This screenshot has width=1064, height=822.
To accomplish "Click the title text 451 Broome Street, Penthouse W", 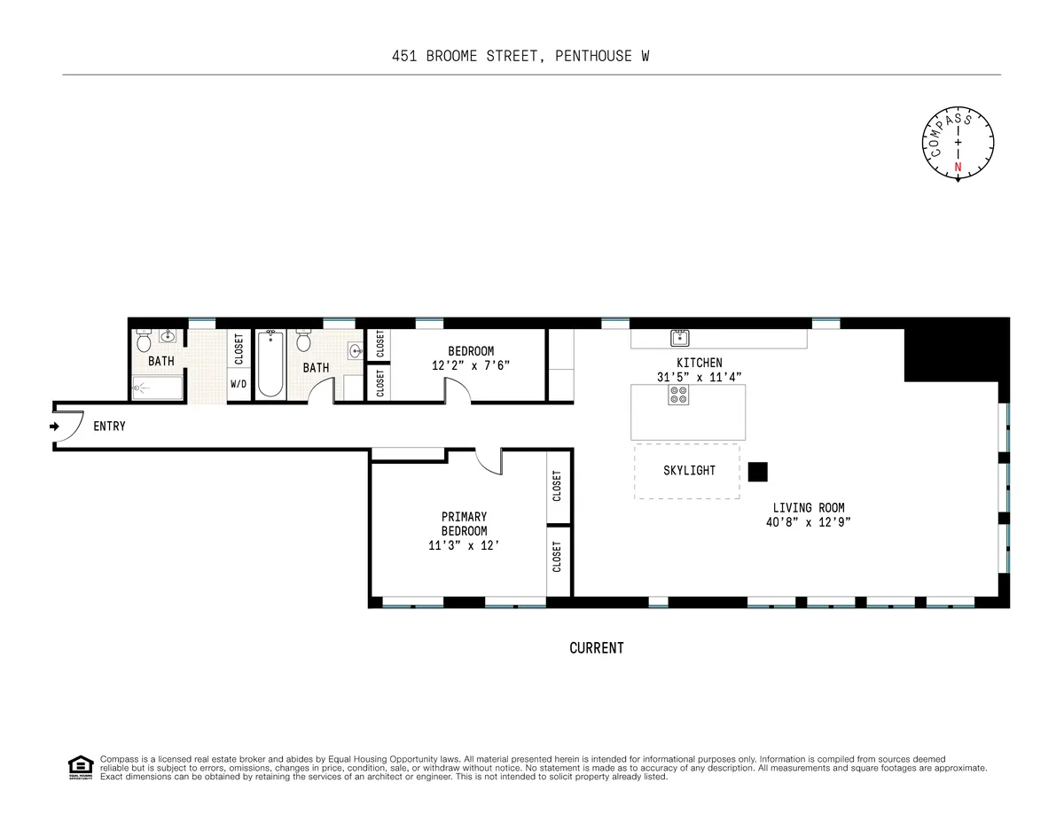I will tap(526, 57).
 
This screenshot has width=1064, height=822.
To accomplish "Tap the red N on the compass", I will tap(958, 167).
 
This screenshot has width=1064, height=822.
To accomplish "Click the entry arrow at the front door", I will tap(55, 427).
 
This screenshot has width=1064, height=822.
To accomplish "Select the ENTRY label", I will tap(109, 427).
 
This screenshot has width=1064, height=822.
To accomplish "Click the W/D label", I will tap(239, 384).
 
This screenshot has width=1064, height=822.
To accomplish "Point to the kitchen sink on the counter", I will tap(680, 337).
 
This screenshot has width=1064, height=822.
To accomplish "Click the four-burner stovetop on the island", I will tap(679, 395).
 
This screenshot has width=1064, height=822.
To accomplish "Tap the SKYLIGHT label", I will tap(689, 470).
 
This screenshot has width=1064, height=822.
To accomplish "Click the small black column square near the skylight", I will tap(757, 472).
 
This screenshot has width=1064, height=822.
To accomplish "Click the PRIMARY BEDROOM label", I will tap(464, 523).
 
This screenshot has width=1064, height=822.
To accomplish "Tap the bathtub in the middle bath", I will tap(270, 364).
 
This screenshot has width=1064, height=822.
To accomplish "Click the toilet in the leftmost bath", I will tap(145, 341).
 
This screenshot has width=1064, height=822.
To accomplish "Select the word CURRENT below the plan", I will tap(596, 648).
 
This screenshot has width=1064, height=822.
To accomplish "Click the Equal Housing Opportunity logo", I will tap(80, 767).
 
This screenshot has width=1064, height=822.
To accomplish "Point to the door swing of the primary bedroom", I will tap(489, 460).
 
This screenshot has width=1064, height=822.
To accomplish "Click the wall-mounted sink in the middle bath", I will tap(356, 350).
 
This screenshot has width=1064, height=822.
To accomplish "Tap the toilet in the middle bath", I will tap(303, 341).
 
